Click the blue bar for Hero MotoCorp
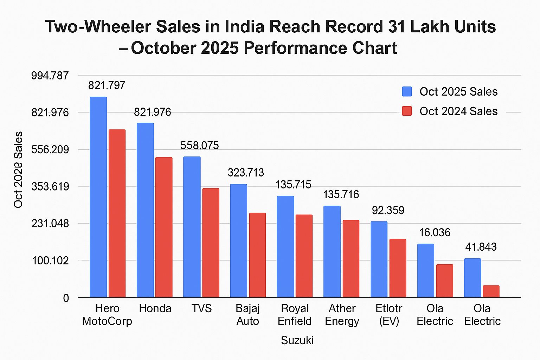(98, 197)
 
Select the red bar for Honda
(164, 227)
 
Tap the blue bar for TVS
(192, 227)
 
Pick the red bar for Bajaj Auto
(257, 255)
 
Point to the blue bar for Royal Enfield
(285, 246)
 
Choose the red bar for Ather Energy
(351, 258)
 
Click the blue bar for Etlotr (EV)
(379, 259)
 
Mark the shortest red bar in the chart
(491, 291)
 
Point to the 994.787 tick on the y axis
(50, 76)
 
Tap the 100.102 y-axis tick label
(51, 261)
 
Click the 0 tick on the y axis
(66, 298)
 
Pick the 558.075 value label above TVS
(199, 146)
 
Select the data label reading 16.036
(435, 232)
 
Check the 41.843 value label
(481, 247)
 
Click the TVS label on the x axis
(201, 309)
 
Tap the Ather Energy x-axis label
(342, 315)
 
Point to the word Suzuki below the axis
(297, 340)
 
